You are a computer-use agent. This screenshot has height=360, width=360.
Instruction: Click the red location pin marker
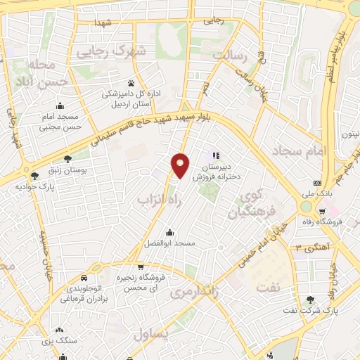coord(181,165)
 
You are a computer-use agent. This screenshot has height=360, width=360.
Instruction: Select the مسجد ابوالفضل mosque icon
coord(169,232)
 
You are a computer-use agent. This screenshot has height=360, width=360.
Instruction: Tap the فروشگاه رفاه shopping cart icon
coord(321,210)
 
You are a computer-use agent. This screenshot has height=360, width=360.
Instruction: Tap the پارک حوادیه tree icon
coord(34,175)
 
